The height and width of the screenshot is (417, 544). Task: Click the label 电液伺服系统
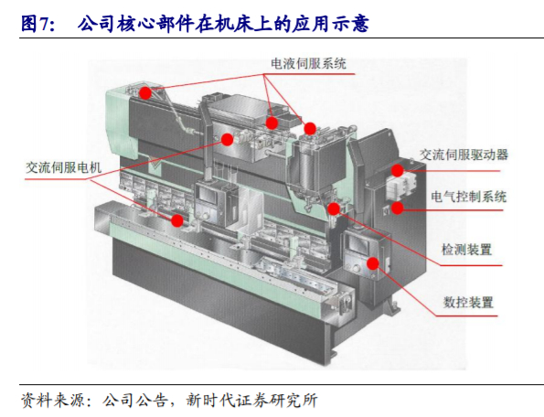point(308,63)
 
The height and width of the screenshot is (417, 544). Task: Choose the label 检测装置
point(465,249)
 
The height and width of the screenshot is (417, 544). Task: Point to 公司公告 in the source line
point(135,400)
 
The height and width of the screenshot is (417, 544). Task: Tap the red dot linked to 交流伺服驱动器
point(398,170)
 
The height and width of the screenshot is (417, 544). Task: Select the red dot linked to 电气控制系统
point(400,207)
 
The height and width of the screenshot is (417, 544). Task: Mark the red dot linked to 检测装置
point(334,208)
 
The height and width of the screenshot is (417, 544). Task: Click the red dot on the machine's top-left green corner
point(144,93)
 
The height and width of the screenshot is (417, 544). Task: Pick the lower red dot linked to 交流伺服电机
point(177,220)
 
